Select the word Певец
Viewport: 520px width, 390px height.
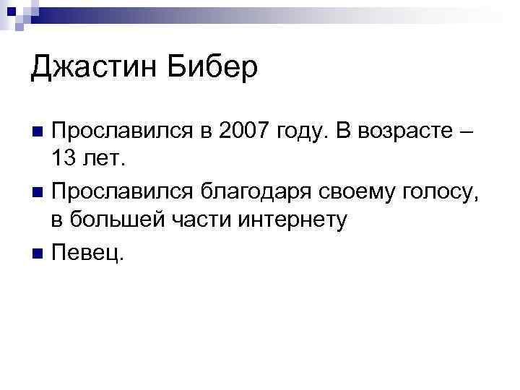(x=87, y=253)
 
